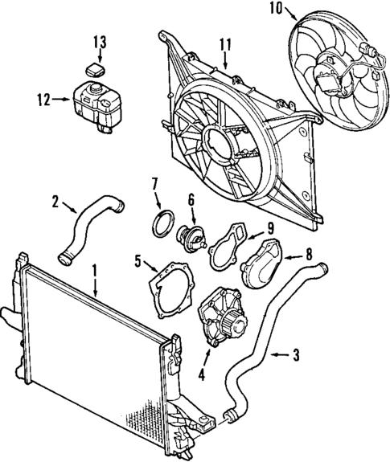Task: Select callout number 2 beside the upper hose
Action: click(x=55, y=202)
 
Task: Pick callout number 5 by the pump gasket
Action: click(x=138, y=261)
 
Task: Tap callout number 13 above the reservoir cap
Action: click(x=98, y=41)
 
